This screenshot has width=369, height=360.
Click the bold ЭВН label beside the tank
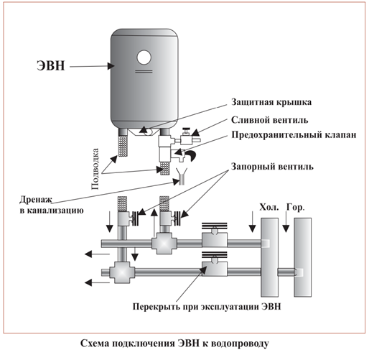click(x=51, y=65)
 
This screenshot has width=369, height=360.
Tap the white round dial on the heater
click(x=144, y=57)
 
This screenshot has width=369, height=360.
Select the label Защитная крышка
click(x=271, y=102)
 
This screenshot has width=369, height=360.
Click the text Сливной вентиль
click(x=270, y=120)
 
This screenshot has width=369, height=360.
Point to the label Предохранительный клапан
click(x=294, y=135)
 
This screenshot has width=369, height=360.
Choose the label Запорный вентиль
click(x=272, y=166)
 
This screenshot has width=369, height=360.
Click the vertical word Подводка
click(x=95, y=169)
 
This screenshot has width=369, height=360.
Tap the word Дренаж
click(x=36, y=200)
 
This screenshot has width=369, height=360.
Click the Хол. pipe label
click(x=269, y=207)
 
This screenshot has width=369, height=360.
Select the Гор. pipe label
click(x=295, y=208)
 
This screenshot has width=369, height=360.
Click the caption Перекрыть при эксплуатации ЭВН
click(x=207, y=307)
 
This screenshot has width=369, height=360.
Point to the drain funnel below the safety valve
click(x=182, y=176)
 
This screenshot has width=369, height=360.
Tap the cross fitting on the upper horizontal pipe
click(x=164, y=244)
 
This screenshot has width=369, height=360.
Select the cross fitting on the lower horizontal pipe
click(x=122, y=272)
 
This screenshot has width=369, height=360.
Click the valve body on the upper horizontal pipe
click(x=215, y=240)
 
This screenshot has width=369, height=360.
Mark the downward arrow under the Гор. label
click(x=286, y=222)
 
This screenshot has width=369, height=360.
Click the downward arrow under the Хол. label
click(x=252, y=222)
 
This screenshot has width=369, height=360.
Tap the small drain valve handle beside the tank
click(x=186, y=132)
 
